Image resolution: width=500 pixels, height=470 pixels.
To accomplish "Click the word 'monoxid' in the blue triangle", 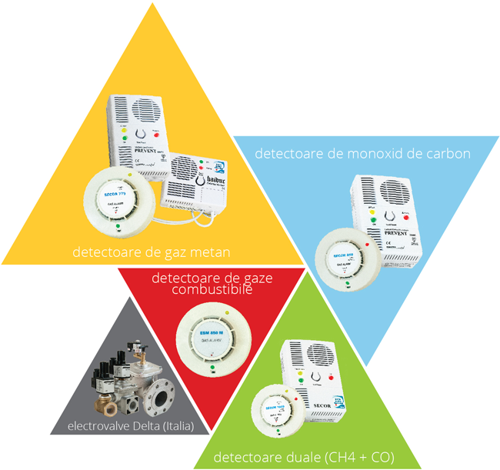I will coord(359,153).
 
